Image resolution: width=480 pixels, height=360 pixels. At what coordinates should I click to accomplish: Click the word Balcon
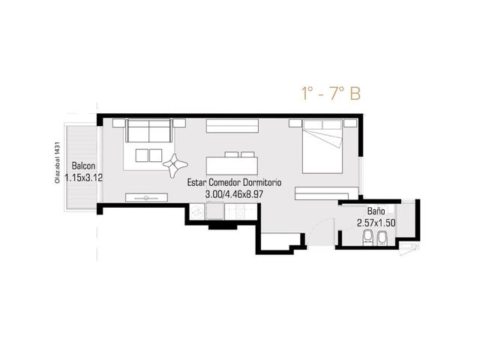(83, 166)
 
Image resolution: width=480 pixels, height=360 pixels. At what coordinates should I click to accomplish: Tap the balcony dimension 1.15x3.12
(83, 178)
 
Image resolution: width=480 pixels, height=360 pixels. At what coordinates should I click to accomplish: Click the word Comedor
(225, 182)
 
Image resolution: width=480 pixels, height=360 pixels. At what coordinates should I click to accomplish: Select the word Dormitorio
(262, 182)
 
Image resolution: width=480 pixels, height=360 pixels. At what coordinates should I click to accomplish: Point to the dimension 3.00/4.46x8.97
(235, 194)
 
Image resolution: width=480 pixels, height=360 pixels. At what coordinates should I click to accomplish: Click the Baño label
(376, 211)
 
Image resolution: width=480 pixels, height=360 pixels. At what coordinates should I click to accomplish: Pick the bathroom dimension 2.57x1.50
(376, 223)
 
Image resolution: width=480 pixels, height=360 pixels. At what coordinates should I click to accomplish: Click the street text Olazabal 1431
(56, 163)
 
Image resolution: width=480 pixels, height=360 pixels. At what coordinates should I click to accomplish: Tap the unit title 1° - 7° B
(331, 94)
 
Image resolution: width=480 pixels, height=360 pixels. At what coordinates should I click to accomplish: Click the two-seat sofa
(149, 130)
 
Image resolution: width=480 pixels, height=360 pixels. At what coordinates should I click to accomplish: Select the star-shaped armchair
(175, 165)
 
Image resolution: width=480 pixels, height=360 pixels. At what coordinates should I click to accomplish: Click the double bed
(322, 147)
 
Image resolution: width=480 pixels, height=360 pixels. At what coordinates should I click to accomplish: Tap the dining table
(232, 166)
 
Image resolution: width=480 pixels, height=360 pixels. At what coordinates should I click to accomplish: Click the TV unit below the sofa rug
(147, 197)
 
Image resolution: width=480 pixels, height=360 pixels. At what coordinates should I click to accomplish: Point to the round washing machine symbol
(196, 211)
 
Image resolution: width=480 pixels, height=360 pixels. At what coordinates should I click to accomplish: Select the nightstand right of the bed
(350, 123)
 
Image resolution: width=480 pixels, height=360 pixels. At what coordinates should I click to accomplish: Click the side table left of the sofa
(118, 123)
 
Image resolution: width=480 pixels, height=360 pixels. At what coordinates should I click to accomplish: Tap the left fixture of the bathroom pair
(367, 238)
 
